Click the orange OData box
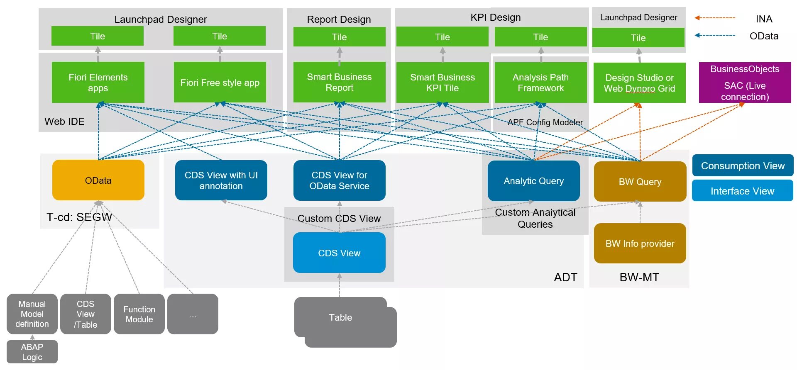pos(98,180)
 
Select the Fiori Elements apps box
pos(98,83)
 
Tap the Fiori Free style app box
pos(220,83)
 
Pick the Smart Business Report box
pos(339,82)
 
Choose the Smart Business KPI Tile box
pos(443,83)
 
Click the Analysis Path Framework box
pos(540,83)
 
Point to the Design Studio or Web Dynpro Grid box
pos(639,83)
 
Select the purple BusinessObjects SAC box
pos(745,83)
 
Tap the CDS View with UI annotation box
pos(221,180)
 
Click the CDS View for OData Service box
pos(339,180)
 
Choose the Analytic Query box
pos(533,181)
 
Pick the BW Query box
pos(640,182)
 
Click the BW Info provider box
pos(640,243)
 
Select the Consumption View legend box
pos(743,166)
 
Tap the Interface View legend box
pos(742,191)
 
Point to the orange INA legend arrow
pos(715,18)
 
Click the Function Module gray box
pos(139,314)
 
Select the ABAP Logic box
pos(32,352)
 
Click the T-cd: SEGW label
pos(79,217)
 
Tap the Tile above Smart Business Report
pos(339,37)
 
